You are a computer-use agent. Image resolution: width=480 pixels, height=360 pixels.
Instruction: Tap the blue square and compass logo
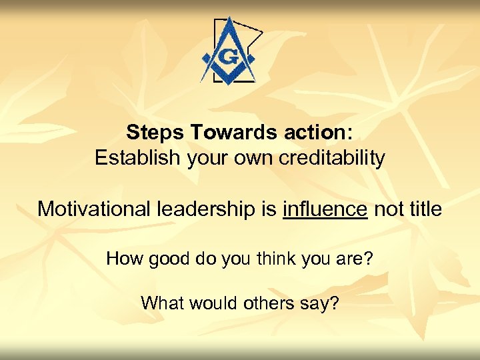229,51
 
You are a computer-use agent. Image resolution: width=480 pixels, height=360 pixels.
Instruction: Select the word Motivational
93,209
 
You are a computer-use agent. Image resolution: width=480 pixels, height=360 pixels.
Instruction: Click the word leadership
203,209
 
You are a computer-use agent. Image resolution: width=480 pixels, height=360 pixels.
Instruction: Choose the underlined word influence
325,209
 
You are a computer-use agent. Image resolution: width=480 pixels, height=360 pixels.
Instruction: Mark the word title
424,209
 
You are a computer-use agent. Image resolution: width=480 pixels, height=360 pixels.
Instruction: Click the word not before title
387,209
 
